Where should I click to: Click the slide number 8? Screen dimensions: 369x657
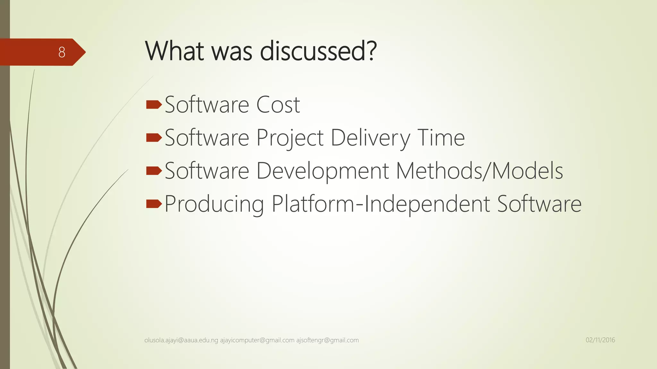tap(62, 52)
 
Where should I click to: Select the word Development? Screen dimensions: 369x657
tap(322, 171)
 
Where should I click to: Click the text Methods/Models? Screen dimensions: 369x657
tap(479, 171)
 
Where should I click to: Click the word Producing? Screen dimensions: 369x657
tap(214, 204)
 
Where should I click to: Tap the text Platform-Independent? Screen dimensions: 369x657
tap(381, 204)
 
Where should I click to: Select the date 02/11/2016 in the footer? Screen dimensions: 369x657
tap(600, 340)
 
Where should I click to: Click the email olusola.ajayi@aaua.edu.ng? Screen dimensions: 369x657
tap(181, 340)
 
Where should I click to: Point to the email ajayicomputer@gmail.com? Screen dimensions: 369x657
tap(257, 340)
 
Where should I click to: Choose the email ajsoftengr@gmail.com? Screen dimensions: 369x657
tap(327, 340)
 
